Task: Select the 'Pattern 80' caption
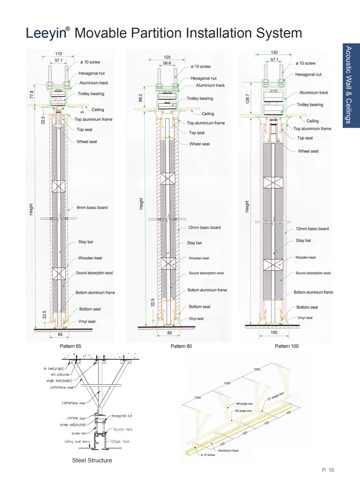(x=180, y=346)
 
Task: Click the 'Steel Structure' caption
(x=92, y=460)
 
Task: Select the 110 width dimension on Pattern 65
(x=58, y=53)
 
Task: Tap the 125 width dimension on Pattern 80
(x=168, y=57)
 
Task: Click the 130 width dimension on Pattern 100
(x=274, y=52)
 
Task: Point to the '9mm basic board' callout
(x=92, y=208)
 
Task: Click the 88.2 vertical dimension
(x=141, y=98)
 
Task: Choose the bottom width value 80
(x=169, y=333)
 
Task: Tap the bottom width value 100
(x=274, y=333)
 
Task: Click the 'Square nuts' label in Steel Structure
(x=122, y=429)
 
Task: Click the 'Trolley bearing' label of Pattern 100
(x=310, y=104)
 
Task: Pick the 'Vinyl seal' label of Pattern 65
(x=86, y=321)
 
